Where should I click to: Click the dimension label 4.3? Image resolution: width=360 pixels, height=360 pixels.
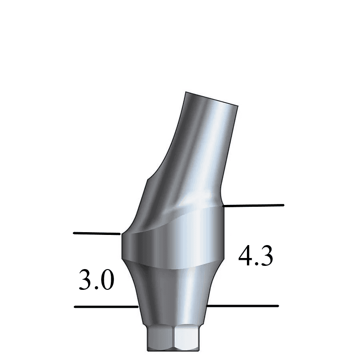point(255,257)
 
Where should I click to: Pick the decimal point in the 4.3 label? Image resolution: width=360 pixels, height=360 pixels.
point(256,264)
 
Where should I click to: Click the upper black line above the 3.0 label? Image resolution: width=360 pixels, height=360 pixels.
point(96,234)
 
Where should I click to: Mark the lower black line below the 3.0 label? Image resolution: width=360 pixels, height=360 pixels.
point(106,306)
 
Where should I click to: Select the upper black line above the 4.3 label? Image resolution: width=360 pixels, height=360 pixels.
point(253,205)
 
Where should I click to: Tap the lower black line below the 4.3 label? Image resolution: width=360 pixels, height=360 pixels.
point(242,306)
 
